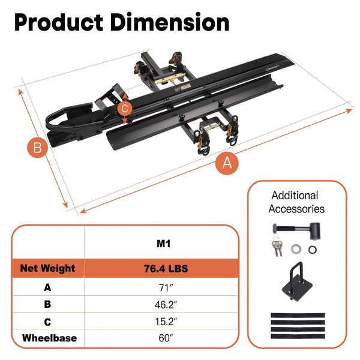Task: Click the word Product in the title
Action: (59, 23)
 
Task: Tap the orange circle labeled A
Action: (227, 163)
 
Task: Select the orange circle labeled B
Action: (38, 147)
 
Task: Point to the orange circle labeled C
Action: (125, 108)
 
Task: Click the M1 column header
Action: (163, 244)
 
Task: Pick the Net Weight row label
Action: (47, 268)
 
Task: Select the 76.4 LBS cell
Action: (166, 268)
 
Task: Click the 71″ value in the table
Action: (166, 287)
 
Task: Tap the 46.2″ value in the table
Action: (166, 305)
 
